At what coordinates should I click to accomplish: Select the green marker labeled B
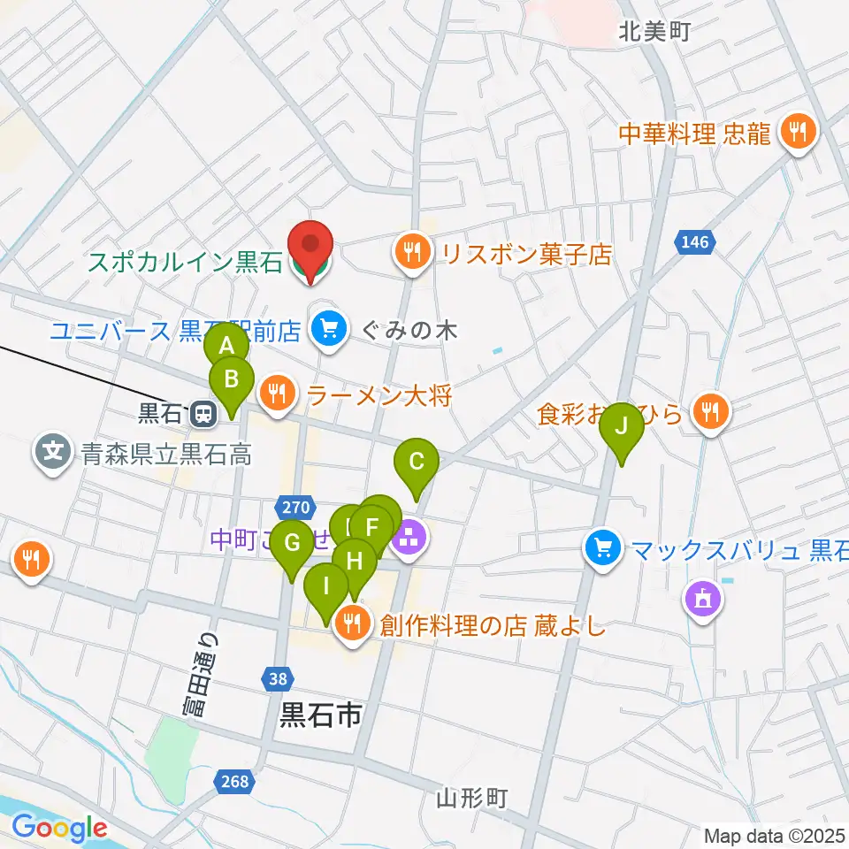231,381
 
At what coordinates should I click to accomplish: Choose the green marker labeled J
622,426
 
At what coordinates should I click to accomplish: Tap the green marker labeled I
326,586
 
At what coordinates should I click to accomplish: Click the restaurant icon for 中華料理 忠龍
799,133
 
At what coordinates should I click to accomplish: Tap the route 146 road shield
695,241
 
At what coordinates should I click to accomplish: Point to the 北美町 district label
654,33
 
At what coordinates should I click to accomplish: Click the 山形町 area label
472,798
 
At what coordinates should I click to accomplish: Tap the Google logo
58,828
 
